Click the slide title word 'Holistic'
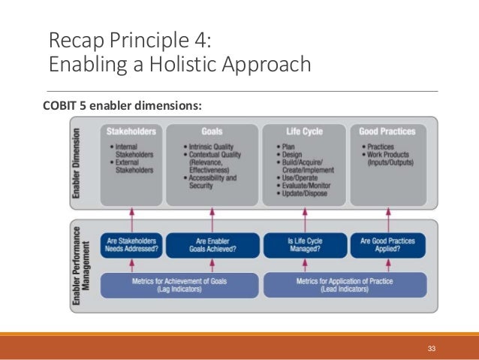point(173,65)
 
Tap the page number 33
point(431,348)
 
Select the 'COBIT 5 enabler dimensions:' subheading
point(124,105)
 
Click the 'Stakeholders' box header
point(131,131)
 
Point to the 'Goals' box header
point(212,131)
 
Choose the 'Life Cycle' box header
point(304,131)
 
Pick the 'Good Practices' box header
point(387,131)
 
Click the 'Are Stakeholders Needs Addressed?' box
point(131,245)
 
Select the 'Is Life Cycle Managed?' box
point(303,245)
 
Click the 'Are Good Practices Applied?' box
point(387,245)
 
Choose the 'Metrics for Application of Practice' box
point(345,285)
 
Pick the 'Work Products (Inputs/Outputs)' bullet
point(391,158)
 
